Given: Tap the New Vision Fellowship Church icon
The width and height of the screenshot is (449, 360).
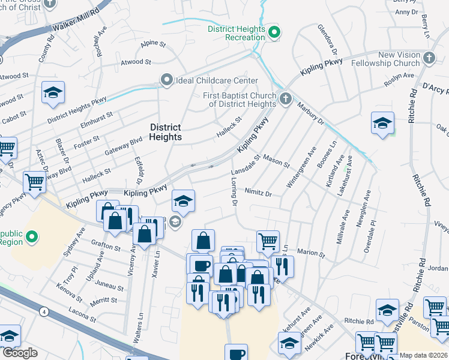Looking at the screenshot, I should point(429,58).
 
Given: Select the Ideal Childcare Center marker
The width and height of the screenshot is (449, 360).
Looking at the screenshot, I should point(166,80).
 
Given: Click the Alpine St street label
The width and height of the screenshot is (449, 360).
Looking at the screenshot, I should point(152,44).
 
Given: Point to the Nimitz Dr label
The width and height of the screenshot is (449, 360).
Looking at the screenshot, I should point(259,194).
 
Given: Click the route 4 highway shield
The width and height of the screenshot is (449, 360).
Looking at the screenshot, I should point(44,311).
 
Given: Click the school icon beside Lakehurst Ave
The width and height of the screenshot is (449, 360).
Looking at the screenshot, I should point(382,122).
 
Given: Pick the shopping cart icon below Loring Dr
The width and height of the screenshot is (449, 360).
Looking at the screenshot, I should point(268,241).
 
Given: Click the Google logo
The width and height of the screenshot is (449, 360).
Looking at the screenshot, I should point(20,353).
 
